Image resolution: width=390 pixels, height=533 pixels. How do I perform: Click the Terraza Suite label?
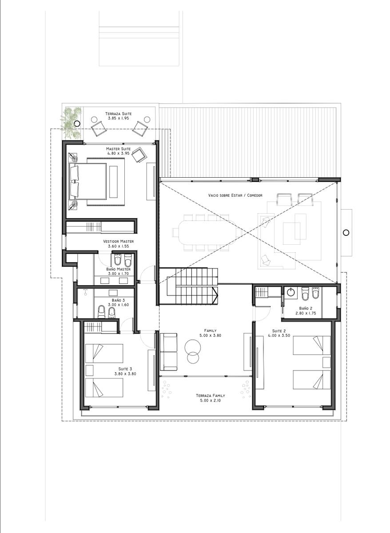coord(118,114)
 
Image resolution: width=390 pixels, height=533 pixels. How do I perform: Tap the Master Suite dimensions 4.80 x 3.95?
coord(118,153)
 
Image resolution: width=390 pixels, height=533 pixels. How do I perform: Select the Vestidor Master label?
coord(118,241)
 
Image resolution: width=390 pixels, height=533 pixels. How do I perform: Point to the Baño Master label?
coord(118,269)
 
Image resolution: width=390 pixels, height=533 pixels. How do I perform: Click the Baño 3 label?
coord(118,300)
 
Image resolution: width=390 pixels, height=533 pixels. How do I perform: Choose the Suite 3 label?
coord(125,369)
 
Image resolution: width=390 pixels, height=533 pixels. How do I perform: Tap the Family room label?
coord(211,330)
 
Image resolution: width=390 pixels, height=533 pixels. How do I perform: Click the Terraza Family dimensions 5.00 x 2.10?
coord(211,401)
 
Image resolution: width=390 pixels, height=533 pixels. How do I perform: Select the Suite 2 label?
coord(279,331)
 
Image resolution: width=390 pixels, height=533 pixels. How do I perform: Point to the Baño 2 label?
coord(306,308)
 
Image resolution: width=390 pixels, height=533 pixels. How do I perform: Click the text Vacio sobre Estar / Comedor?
coord(235,195)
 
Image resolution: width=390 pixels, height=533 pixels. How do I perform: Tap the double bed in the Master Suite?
coord(88,181)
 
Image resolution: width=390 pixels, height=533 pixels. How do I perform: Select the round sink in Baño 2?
coord(291,293)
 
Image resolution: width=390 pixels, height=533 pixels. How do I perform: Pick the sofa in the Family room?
coord(168,352)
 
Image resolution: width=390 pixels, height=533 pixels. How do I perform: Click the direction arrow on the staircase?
coord(215,295)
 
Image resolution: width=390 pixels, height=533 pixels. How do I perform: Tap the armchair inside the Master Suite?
coord(139,155)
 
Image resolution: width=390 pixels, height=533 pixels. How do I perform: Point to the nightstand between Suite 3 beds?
coord(89,370)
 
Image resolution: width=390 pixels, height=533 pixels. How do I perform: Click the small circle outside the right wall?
coord(346,232)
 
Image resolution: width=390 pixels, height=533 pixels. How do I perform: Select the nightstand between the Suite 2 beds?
coord(326,362)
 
